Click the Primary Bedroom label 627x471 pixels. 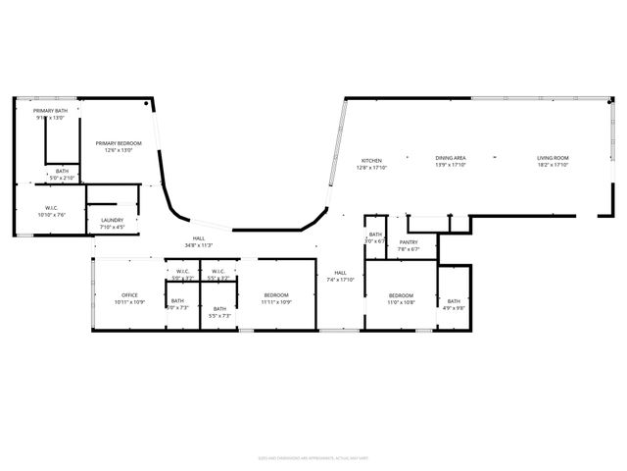tap(119, 144)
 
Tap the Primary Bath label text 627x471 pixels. tap(49, 111)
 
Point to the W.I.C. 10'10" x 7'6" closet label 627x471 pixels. tap(53, 208)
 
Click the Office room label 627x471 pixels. tap(129, 295)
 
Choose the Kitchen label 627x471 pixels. tap(371, 160)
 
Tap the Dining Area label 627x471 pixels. tap(451, 158)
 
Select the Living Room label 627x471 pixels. tap(553, 158)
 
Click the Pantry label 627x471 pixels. tap(409, 242)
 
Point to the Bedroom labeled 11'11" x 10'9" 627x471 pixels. tap(276, 295)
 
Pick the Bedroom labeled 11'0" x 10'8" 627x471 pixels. tap(401, 295)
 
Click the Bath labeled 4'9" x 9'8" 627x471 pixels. tap(454, 301)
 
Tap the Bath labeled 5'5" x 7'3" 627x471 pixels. tap(219, 309)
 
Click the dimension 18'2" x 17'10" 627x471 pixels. tap(553, 165)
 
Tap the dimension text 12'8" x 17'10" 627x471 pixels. tap(371, 167)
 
